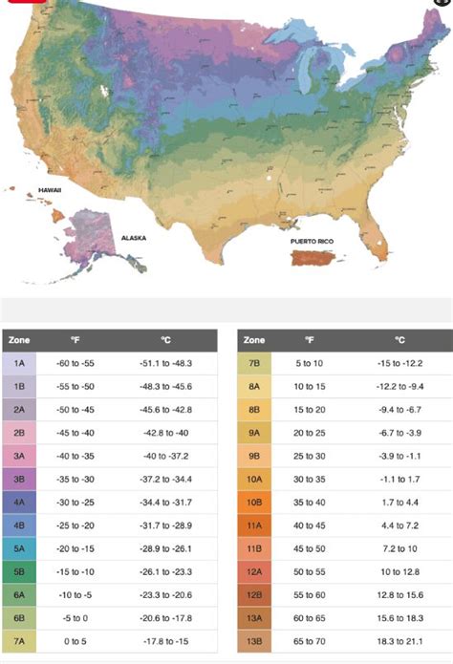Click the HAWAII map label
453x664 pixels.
pos(50,189)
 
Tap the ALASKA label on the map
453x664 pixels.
pos(133,237)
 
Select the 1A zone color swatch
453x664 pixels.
pos(20,363)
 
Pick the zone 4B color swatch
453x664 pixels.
pos(20,524)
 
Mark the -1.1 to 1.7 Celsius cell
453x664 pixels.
pos(399,478)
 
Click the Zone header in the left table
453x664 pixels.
pos(20,340)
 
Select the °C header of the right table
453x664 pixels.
pos(399,340)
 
